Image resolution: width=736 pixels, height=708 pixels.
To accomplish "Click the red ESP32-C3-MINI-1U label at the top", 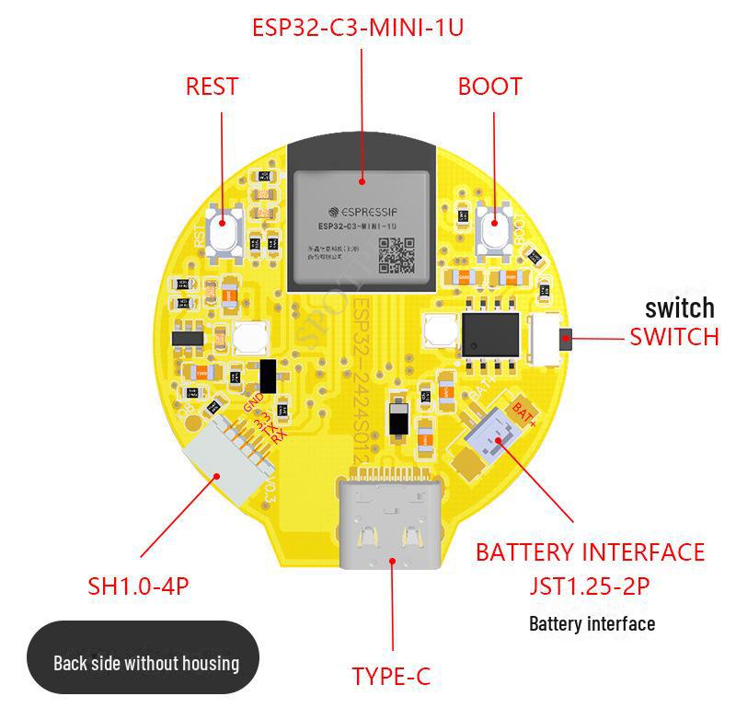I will point(358,28).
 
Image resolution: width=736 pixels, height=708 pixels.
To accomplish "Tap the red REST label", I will point(212,87).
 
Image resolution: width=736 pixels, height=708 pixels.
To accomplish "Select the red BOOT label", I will point(489,87).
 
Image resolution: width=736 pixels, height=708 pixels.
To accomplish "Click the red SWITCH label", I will point(673,337).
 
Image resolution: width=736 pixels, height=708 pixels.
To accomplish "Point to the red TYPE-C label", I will point(391,677).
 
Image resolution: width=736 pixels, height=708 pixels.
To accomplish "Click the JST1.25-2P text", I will point(591,586).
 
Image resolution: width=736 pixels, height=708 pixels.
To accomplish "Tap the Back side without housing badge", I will point(145,662).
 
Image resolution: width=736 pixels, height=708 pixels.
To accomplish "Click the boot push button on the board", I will point(495,224).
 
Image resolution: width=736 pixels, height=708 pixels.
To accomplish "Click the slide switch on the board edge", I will point(549,336).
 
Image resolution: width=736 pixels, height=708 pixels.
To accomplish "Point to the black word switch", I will point(679,308).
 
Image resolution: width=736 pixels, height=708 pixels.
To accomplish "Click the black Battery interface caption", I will point(592,623).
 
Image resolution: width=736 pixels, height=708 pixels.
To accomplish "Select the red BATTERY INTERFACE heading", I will point(590,552).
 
